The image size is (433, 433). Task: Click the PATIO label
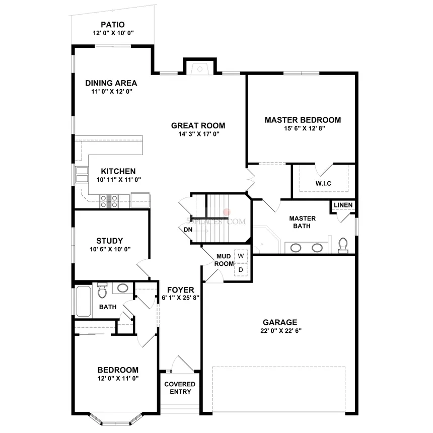112,24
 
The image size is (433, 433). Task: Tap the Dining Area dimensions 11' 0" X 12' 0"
111,92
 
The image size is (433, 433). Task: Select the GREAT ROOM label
198,125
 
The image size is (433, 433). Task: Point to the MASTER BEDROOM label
303,120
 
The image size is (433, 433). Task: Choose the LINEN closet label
343,205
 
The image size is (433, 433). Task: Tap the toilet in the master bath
343,245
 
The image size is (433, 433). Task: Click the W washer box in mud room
241,256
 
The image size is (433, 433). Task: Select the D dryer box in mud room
241,270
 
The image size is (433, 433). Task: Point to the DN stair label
187,230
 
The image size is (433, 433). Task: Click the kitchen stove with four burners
109,201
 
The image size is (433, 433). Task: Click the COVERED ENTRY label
180,388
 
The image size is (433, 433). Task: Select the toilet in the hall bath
102,291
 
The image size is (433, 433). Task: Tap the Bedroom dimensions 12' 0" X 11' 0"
118,378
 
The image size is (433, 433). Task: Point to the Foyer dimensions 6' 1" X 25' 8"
181,298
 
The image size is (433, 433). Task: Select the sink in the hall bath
122,288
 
